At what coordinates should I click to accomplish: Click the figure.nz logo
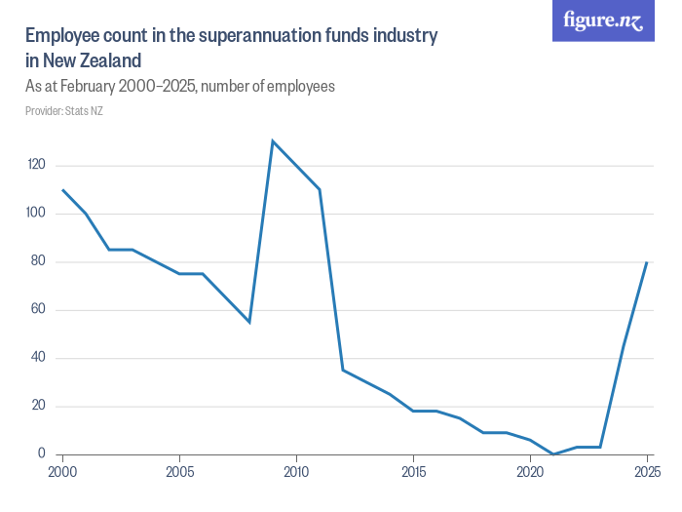coord(603,21)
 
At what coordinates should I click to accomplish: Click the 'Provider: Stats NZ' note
coord(64,111)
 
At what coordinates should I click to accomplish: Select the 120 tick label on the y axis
coord(37,166)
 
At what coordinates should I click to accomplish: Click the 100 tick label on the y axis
coord(37,214)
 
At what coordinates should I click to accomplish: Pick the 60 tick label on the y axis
coord(39,310)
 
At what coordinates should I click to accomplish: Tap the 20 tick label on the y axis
coord(39,406)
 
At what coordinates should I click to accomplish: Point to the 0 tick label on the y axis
coord(42,453)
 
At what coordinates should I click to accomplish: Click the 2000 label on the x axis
coord(63,472)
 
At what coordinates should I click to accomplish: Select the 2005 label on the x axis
coord(180,472)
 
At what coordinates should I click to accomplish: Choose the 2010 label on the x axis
coord(296,472)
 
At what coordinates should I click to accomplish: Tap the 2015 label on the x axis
coord(413,472)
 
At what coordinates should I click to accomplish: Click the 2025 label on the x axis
coord(646,472)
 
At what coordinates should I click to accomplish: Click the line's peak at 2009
coord(273,141)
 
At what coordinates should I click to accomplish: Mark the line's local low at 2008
coord(249,322)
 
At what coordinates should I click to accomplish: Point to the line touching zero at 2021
coord(552,453)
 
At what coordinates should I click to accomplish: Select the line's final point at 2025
coord(646,262)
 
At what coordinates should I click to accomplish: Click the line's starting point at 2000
coord(63,190)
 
